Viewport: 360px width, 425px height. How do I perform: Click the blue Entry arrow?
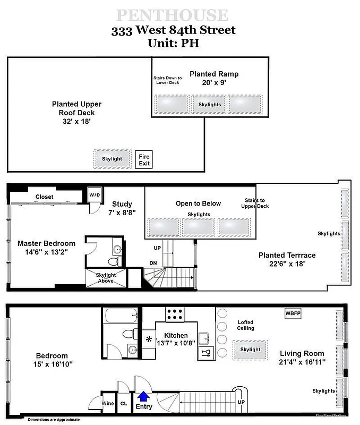tap(143, 396)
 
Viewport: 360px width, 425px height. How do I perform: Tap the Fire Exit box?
tap(144, 159)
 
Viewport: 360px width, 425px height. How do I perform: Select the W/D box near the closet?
tap(95, 194)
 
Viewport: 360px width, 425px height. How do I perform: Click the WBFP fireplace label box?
tap(293, 313)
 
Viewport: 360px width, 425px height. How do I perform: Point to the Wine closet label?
tap(107, 404)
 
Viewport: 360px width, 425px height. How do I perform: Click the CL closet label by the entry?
tap(124, 404)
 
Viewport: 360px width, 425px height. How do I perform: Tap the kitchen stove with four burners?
tap(174, 314)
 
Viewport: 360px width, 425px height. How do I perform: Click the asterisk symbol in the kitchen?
tap(149, 339)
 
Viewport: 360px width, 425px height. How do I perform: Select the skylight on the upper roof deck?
tap(112, 158)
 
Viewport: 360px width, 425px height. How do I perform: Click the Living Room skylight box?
tap(250, 349)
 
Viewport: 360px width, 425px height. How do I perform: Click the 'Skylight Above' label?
tap(106, 278)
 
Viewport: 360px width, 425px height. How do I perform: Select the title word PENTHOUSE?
tap(173, 15)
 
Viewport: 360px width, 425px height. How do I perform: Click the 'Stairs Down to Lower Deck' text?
tap(167, 80)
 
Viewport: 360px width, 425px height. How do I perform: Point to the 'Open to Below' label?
tap(198, 203)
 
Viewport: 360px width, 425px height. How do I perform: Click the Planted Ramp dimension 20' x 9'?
tap(214, 83)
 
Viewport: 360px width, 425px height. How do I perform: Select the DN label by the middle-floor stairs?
tap(153, 262)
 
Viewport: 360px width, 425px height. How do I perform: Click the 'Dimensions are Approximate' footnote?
tap(54, 420)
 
